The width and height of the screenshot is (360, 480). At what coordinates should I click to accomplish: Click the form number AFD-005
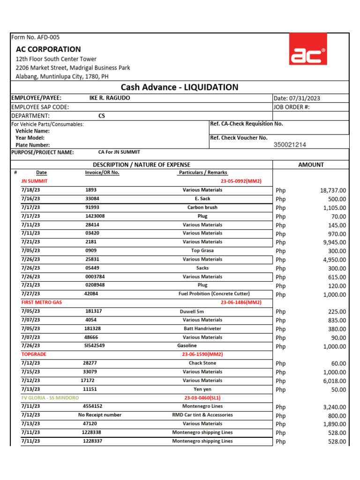35,37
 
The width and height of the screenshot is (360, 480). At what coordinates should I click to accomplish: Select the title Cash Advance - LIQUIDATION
180,87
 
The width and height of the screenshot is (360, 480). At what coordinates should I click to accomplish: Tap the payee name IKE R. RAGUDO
110,98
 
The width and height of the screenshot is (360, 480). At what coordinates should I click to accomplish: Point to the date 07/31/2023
297,98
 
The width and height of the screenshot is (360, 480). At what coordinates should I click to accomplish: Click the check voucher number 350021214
290,145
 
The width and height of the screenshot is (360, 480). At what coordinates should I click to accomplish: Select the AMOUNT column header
311,165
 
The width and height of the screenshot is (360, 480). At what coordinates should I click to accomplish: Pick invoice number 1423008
95,216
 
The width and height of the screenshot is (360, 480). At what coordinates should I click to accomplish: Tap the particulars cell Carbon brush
202,207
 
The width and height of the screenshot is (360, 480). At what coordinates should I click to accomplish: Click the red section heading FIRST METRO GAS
42,302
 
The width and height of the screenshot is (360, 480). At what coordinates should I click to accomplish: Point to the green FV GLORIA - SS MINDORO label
50,397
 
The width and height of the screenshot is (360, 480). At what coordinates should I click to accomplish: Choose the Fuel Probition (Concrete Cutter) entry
214,294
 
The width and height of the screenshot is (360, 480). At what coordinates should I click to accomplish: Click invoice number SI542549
95,345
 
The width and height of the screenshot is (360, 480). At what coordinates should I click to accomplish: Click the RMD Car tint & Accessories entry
202,415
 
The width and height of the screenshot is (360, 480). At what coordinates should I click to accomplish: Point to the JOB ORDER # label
291,107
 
